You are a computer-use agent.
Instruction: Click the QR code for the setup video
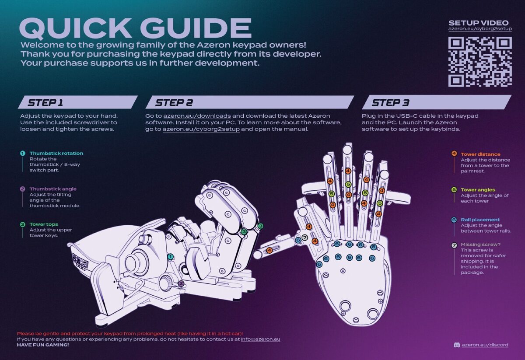pos(480,61)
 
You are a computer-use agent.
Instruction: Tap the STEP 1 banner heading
pos(45,103)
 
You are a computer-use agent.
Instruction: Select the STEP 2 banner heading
pos(174,103)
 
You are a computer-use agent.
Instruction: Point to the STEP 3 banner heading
pos(390,103)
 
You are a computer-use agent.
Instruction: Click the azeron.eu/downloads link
pos(197,116)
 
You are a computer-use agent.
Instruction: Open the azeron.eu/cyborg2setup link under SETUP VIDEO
pos(480,29)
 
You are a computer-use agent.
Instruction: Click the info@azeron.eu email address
pos(260,339)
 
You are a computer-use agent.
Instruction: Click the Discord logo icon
pos(457,345)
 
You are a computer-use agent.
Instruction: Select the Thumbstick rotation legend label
pos(56,153)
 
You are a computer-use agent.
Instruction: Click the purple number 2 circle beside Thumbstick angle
pos(23,189)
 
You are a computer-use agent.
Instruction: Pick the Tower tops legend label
pos(44,224)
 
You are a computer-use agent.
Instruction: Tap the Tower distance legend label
pos(480,154)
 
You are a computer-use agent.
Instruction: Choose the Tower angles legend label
pos(478,190)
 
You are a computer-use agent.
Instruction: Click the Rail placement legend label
pos(480,220)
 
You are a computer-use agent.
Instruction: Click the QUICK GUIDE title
pos(136,28)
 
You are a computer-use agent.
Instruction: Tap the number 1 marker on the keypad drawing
pos(171,256)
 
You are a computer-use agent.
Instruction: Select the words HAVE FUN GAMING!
pos(43,345)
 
